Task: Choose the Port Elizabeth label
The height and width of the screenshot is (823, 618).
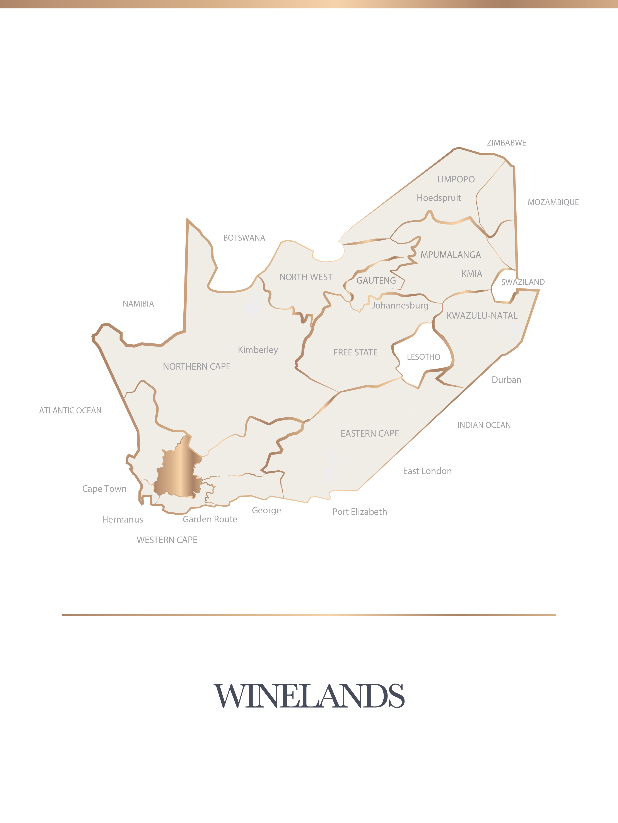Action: (360, 512)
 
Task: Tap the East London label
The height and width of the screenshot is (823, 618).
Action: (427, 471)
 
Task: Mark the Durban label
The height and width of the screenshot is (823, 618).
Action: (506, 380)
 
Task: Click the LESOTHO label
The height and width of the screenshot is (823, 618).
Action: (423, 357)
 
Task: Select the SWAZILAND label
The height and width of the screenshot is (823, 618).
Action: (523, 282)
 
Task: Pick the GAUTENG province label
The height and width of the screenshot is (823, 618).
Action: (376, 281)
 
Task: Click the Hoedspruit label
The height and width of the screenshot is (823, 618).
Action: (439, 198)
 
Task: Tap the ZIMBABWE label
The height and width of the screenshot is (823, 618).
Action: (506, 143)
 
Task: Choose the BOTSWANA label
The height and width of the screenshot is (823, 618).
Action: (244, 238)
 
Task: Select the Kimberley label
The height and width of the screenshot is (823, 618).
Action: (258, 350)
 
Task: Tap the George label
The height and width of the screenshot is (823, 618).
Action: (266, 511)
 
